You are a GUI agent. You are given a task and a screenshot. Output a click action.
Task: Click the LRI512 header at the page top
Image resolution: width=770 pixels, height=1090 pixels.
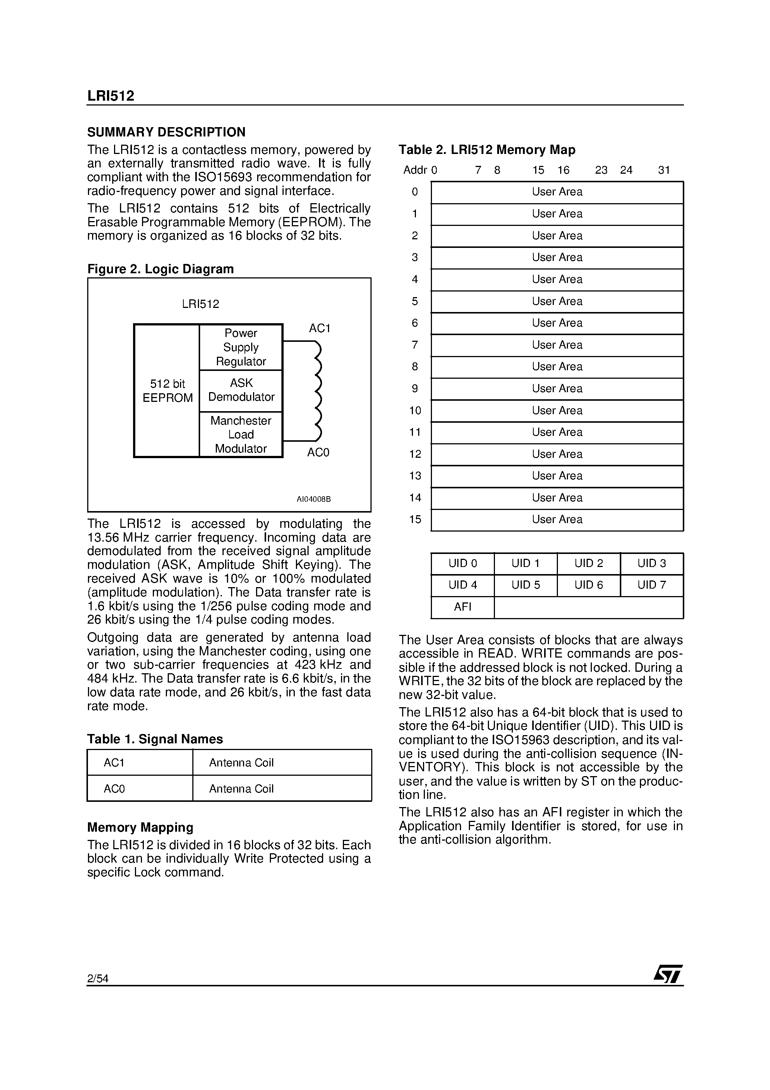coord(111,96)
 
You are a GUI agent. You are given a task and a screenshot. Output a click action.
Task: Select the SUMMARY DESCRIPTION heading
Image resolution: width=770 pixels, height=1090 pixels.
coord(166,132)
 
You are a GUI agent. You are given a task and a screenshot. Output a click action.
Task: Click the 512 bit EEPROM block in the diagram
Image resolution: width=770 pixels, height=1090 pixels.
coord(167,390)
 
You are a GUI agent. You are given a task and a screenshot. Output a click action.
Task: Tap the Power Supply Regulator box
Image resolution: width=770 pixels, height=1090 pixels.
coord(241,347)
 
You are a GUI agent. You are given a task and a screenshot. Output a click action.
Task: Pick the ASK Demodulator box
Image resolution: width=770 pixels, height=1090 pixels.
coord(241,390)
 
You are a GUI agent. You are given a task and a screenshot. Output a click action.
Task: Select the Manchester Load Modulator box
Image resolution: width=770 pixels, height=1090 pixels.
coord(241,434)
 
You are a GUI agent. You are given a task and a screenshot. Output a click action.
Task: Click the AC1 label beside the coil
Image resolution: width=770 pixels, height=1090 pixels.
coord(319,328)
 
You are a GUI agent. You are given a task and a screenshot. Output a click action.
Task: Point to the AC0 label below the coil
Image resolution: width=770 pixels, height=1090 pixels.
coord(318,453)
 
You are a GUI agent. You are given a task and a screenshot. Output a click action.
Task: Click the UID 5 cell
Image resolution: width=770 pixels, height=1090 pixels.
coord(526,585)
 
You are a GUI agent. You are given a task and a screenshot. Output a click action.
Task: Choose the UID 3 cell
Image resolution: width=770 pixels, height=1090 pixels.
coord(651,564)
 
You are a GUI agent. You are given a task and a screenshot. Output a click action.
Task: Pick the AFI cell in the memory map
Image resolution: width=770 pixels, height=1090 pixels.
coord(463,607)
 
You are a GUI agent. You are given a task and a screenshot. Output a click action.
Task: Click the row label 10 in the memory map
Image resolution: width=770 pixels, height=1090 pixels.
coord(415,411)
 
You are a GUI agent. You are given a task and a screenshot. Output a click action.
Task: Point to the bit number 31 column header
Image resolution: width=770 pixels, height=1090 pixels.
coord(664,170)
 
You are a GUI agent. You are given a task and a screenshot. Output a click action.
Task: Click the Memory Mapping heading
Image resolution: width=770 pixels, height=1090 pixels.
coord(140,828)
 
